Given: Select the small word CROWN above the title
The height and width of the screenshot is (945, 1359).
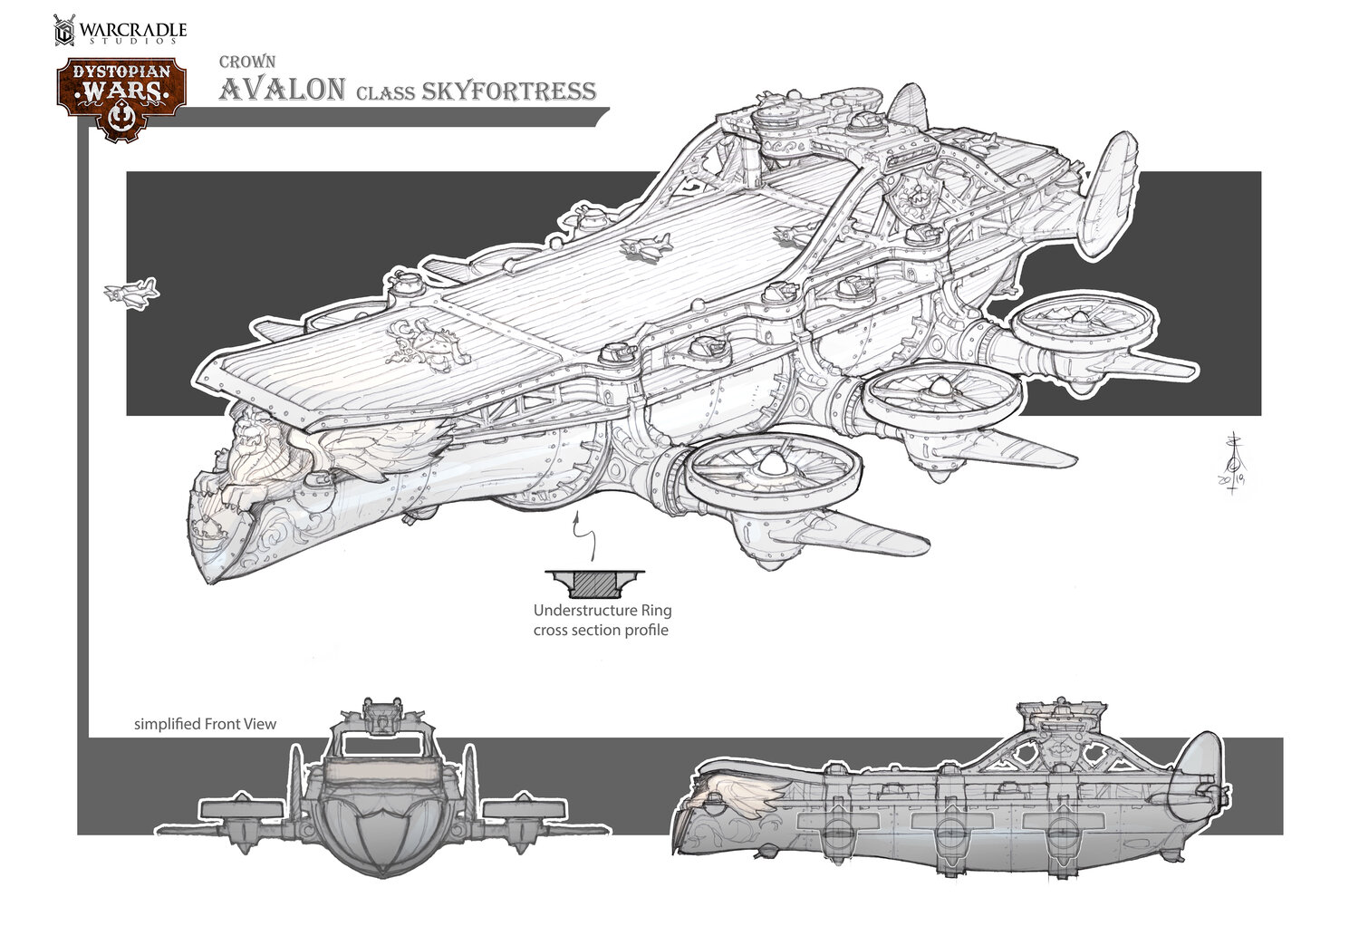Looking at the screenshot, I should tap(241, 63).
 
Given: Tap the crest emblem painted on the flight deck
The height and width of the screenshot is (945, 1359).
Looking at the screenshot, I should tap(426, 345).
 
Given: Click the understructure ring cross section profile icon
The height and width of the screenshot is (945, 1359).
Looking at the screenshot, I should tap(594, 581).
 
